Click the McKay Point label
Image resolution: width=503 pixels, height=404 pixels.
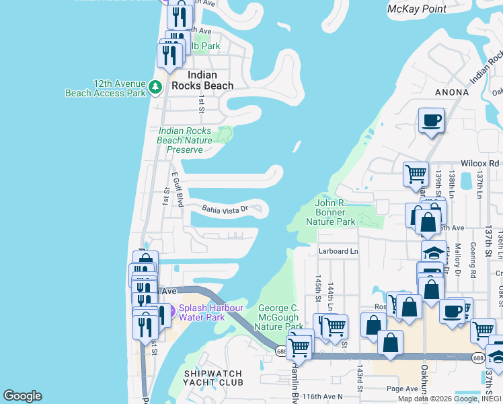[417, 9]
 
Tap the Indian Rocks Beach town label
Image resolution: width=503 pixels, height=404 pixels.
[202, 80]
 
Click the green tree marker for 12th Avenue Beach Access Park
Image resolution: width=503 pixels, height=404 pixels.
[155, 88]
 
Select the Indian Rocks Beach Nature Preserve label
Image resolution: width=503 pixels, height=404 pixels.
[185, 140]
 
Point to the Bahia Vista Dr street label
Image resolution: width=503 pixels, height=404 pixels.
[225, 209]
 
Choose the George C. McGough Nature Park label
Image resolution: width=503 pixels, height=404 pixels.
[281, 317]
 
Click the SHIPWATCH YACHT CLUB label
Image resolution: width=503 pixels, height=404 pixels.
[213, 377]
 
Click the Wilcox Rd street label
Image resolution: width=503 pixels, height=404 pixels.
[480, 164]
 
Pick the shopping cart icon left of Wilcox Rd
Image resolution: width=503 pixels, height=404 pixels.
[416, 173]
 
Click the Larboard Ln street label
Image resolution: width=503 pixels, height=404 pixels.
[339, 251]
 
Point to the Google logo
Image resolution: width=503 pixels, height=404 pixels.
[22, 396]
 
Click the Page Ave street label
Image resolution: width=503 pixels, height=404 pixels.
[403, 389]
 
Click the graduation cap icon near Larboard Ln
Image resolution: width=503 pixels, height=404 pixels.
[434, 252]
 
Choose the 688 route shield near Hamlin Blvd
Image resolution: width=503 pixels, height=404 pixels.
[280, 350]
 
